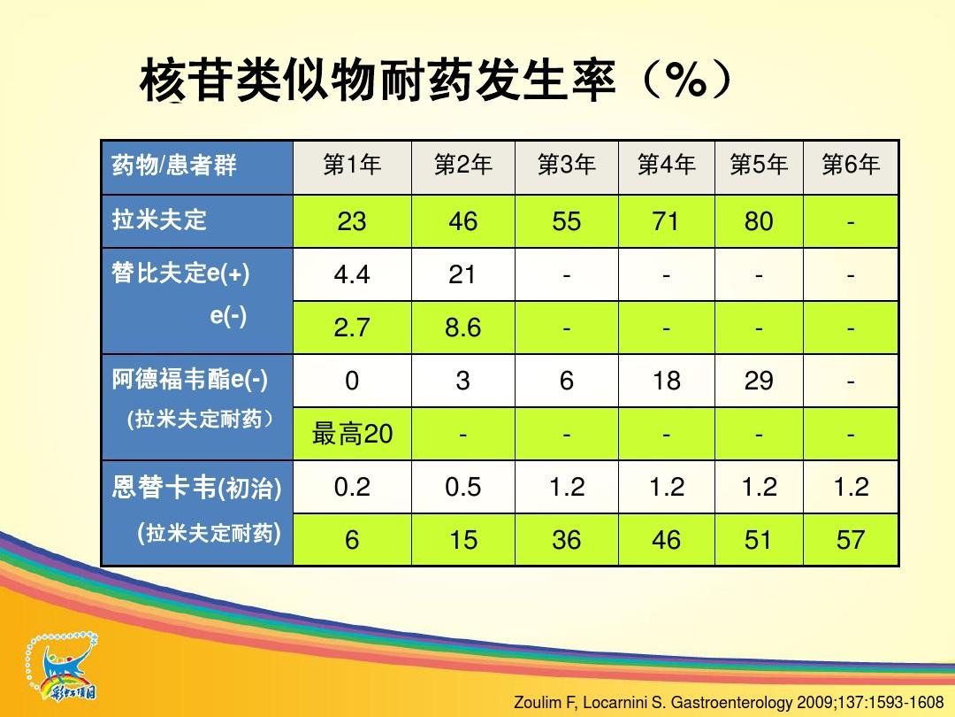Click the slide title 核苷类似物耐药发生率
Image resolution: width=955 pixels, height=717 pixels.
378,81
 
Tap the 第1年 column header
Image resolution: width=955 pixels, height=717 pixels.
352,165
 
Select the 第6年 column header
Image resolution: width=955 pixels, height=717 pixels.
851,165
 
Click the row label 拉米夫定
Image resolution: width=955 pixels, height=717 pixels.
159,220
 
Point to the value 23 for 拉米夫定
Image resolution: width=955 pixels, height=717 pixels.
352,221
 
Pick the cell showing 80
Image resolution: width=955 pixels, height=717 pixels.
759,221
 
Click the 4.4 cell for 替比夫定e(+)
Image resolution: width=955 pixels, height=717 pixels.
352,275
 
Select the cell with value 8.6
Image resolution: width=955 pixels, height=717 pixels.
462,328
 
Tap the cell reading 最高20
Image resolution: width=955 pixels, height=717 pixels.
352,434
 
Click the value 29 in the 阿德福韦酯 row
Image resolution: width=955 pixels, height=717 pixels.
759,381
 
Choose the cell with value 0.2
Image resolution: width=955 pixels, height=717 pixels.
352,487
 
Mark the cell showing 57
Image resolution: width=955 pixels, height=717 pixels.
851,540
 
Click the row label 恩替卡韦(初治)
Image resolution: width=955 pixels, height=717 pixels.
196,488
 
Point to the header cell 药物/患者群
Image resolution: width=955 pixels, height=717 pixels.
173,166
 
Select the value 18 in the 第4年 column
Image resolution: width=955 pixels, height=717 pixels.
667,381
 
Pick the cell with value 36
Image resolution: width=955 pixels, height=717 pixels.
567,540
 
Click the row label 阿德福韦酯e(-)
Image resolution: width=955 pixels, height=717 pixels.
189,380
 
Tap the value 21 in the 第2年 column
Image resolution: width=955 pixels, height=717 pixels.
462,275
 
